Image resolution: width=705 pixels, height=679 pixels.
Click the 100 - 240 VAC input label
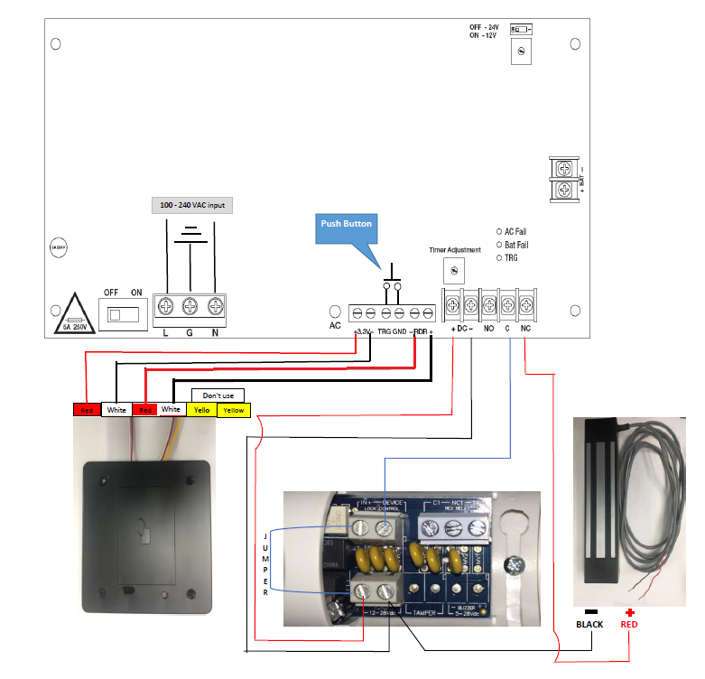pos(190,205)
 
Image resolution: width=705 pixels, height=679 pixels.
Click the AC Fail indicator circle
pos(499,231)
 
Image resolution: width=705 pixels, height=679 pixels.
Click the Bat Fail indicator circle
pos(499,244)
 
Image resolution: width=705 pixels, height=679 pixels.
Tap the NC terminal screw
pos(526,302)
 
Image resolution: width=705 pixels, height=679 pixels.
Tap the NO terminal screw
pos(489,302)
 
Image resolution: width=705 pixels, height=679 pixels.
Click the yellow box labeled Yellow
pos(234,410)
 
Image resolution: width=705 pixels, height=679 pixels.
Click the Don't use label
pos(218,395)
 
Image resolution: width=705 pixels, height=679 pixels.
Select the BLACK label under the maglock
pos(590,623)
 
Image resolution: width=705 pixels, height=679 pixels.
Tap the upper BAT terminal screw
pos(564,168)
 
